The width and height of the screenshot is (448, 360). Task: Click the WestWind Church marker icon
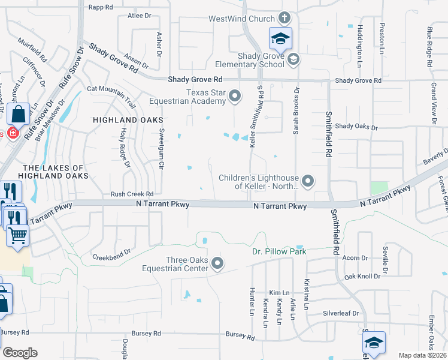tap(284, 19)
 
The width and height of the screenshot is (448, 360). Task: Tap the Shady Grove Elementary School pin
tap(293, 59)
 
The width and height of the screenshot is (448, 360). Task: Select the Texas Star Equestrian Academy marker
tap(235, 96)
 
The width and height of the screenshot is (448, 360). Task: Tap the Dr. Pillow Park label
tap(279, 251)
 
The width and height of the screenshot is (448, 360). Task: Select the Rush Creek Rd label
tap(132, 194)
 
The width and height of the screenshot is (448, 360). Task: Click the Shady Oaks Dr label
tap(357, 127)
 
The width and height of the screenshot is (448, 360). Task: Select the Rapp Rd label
tap(101, 7)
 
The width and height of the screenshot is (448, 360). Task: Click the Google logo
tap(20, 353)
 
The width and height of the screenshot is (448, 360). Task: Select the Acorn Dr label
tap(356, 258)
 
